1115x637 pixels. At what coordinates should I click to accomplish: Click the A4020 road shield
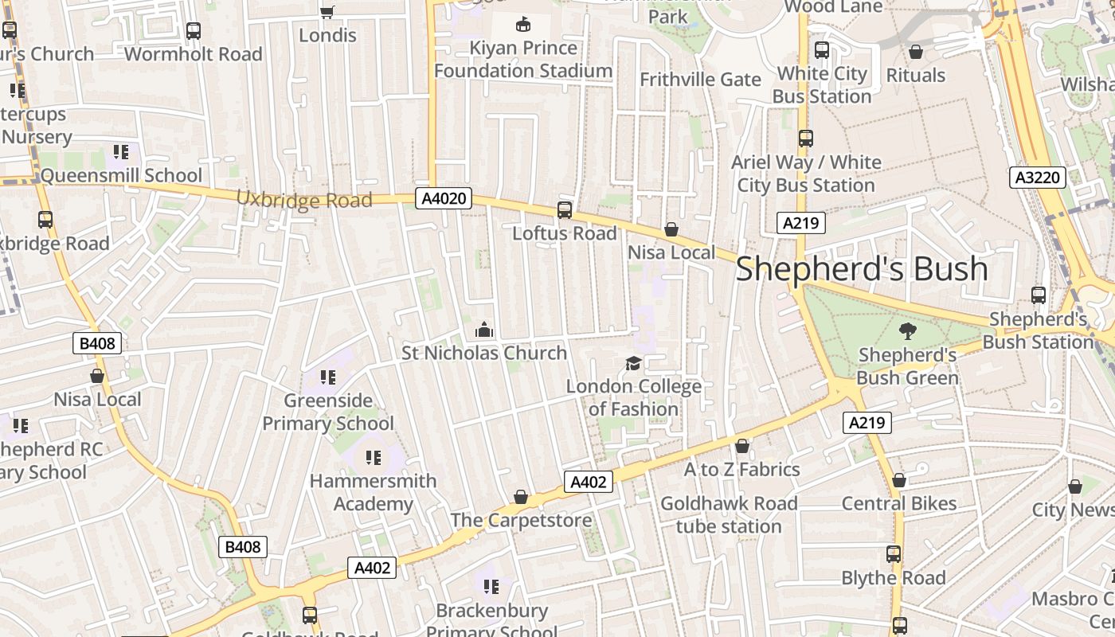click(444, 198)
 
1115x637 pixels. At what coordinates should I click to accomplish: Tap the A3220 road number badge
click(1039, 178)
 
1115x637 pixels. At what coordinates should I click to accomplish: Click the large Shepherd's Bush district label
click(862, 269)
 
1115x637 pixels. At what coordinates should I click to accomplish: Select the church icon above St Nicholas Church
click(483, 330)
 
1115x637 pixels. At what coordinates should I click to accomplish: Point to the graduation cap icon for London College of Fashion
click(633, 363)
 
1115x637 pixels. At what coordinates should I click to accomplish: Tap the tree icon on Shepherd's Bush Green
click(907, 331)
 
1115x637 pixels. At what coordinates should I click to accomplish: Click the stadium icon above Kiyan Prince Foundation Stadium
click(523, 25)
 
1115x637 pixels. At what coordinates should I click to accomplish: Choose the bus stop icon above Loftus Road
click(565, 210)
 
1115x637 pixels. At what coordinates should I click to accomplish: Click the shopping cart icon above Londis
click(327, 12)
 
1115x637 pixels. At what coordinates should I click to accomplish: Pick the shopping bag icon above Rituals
click(916, 53)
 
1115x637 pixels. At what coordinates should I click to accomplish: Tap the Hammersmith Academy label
click(373, 492)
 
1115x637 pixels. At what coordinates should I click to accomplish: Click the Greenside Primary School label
click(328, 412)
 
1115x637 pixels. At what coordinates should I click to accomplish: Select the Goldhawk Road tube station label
click(729, 514)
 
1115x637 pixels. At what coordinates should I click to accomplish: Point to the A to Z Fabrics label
click(741, 469)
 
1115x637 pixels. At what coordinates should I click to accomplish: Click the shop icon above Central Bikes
click(899, 480)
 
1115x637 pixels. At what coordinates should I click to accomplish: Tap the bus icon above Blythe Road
click(894, 554)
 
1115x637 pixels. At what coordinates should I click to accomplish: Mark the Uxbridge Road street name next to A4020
click(304, 199)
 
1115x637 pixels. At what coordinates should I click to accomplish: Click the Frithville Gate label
click(701, 80)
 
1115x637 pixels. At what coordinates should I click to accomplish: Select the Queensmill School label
click(121, 175)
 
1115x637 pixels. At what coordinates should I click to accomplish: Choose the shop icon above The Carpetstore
click(521, 498)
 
